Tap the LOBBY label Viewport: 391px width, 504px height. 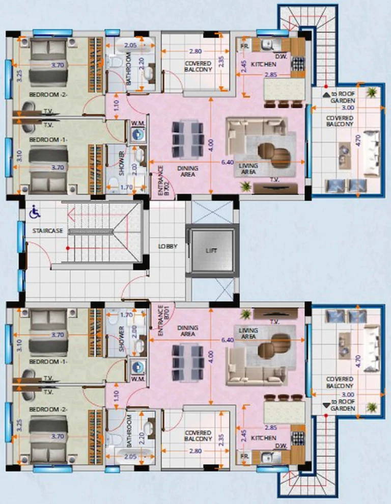167,246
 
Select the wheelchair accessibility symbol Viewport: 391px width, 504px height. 35,211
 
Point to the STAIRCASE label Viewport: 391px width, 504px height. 47,231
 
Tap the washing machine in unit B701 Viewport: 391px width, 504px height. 136,365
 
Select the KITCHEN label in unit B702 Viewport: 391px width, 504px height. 264,65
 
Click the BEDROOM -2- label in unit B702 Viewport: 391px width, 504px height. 44,95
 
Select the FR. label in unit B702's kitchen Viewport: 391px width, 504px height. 244,46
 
